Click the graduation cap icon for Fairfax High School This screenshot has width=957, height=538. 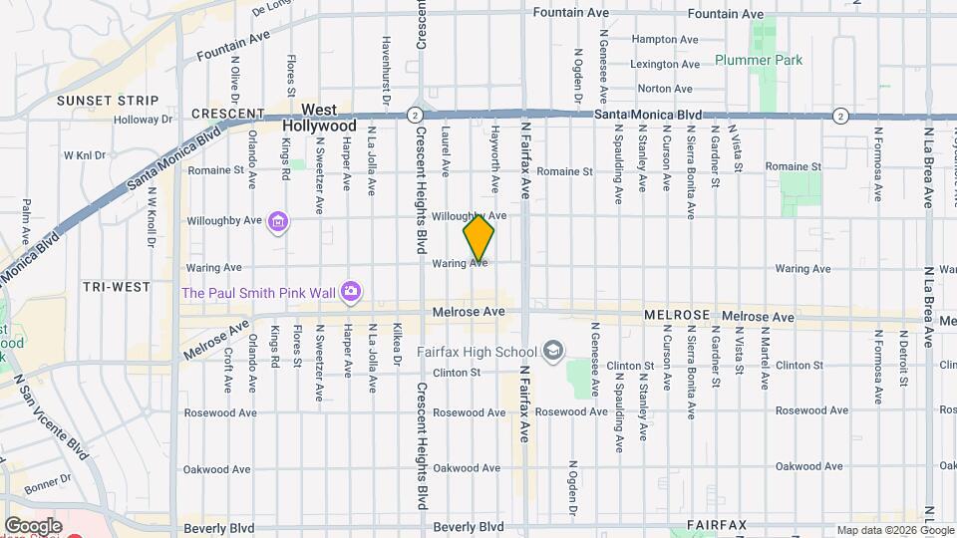point(553,351)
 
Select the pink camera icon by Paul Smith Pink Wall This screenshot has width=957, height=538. point(350,292)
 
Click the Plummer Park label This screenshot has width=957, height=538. point(759,60)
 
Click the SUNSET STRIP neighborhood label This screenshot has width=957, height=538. point(108,101)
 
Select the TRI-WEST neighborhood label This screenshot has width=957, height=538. point(117,286)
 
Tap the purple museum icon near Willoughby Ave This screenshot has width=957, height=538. point(278,221)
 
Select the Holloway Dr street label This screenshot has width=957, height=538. point(143,120)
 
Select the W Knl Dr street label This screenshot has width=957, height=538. point(83,154)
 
